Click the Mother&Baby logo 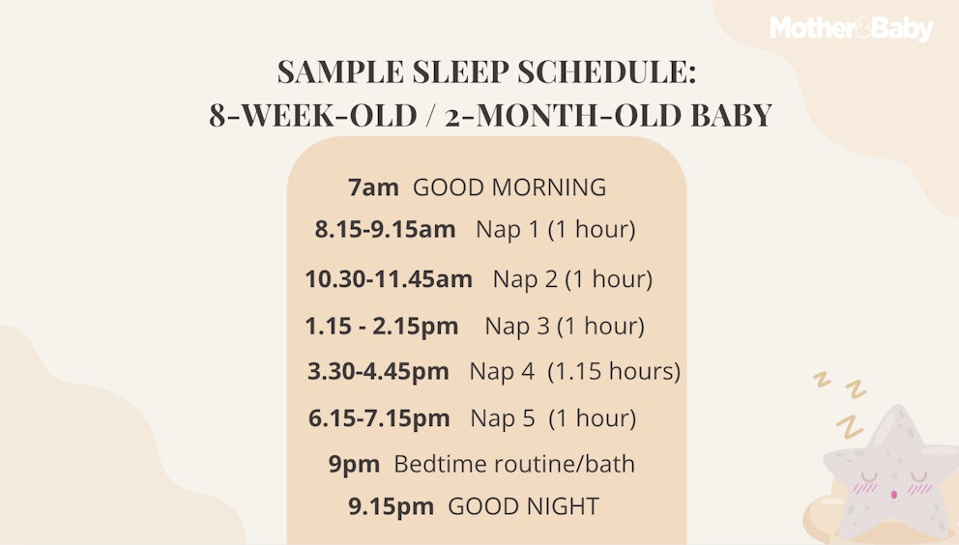pyautogui.click(x=852, y=29)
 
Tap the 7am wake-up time pyautogui.click(x=373, y=187)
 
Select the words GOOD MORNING pyautogui.click(x=509, y=187)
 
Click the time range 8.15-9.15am pyautogui.click(x=385, y=230)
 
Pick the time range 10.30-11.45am pyautogui.click(x=389, y=279)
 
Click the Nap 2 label pyautogui.click(x=525, y=279)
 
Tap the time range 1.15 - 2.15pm pyautogui.click(x=382, y=327)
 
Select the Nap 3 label pyautogui.click(x=517, y=327)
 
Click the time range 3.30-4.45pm pyautogui.click(x=378, y=371)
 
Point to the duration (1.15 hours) pyautogui.click(x=614, y=371)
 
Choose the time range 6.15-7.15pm pyautogui.click(x=379, y=418)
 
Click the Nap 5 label pyautogui.click(x=502, y=418)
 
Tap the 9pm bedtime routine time pyautogui.click(x=354, y=464)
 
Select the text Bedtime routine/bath pyautogui.click(x=514, y=464)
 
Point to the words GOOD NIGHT pyautogui.click(x=523, y=506)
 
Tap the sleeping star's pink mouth pyautogui.click(x=893, y=495)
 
